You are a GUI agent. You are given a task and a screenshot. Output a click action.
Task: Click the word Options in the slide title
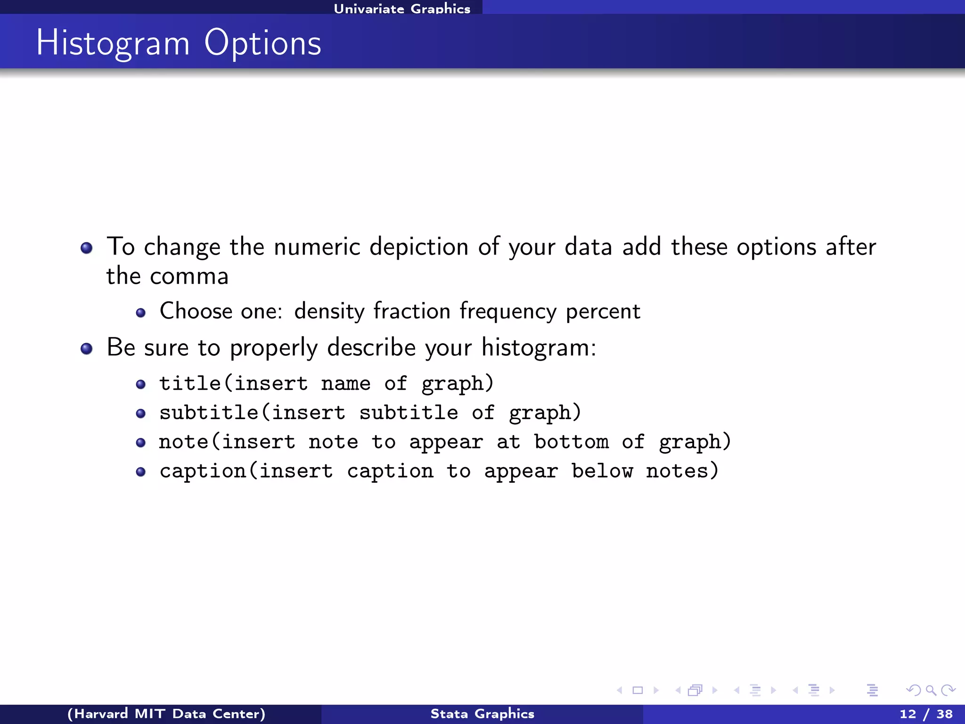(x=262, y=43)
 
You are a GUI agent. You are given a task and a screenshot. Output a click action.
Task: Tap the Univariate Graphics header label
(x=402, y=8)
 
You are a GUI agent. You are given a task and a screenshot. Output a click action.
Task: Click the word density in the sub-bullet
(x=329, y=312)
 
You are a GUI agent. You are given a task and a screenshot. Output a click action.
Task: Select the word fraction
(x=412, y=312)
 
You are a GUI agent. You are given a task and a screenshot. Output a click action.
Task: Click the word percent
(x=603, y=312)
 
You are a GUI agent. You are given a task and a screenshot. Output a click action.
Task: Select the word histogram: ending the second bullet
(x=539, y=348)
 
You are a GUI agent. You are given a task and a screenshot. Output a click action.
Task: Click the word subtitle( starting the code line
(x=215, y=413)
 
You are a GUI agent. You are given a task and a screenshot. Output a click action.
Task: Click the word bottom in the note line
(x=571, y=442)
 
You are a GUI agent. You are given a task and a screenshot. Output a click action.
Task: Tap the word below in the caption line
(x=602, y=471)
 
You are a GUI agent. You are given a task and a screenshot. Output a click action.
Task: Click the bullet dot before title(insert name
(x=140, y=384)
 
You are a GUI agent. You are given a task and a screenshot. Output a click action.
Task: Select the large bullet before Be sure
(x=86, y=349)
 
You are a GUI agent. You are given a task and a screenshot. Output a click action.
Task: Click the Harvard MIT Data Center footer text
(x=166, y=714)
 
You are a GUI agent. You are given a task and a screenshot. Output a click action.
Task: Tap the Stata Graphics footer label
(x=482, y=714)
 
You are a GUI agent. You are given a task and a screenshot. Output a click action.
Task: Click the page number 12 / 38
(x=926, y=714)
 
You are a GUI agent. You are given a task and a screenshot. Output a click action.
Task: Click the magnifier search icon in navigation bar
(x=931, y=691)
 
